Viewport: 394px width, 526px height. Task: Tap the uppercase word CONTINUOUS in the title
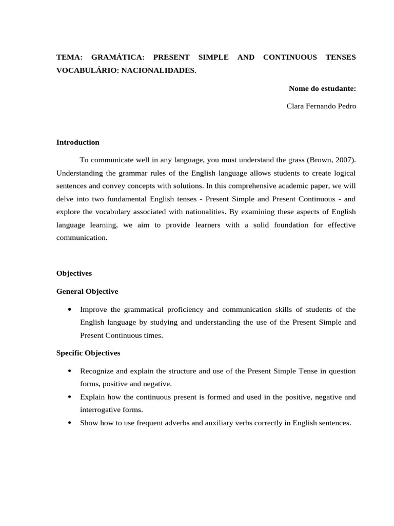tap(290, 57)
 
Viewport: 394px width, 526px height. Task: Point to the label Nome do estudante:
tap(322, 88)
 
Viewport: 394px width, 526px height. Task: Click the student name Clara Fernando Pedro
tap(321, 106)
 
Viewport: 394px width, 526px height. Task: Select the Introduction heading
tap(78, 142)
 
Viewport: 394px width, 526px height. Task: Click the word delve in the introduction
tap(65, 199)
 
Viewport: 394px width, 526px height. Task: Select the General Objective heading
tap(87, 291)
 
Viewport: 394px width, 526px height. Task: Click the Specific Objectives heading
tap(88, 353)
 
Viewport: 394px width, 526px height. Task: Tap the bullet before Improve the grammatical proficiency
tap(69, 310)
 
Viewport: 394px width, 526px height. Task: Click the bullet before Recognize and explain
tap(69, 371)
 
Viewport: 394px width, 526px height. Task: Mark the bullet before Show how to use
tap(69, 423)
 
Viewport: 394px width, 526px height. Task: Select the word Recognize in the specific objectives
tap(96, 371)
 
